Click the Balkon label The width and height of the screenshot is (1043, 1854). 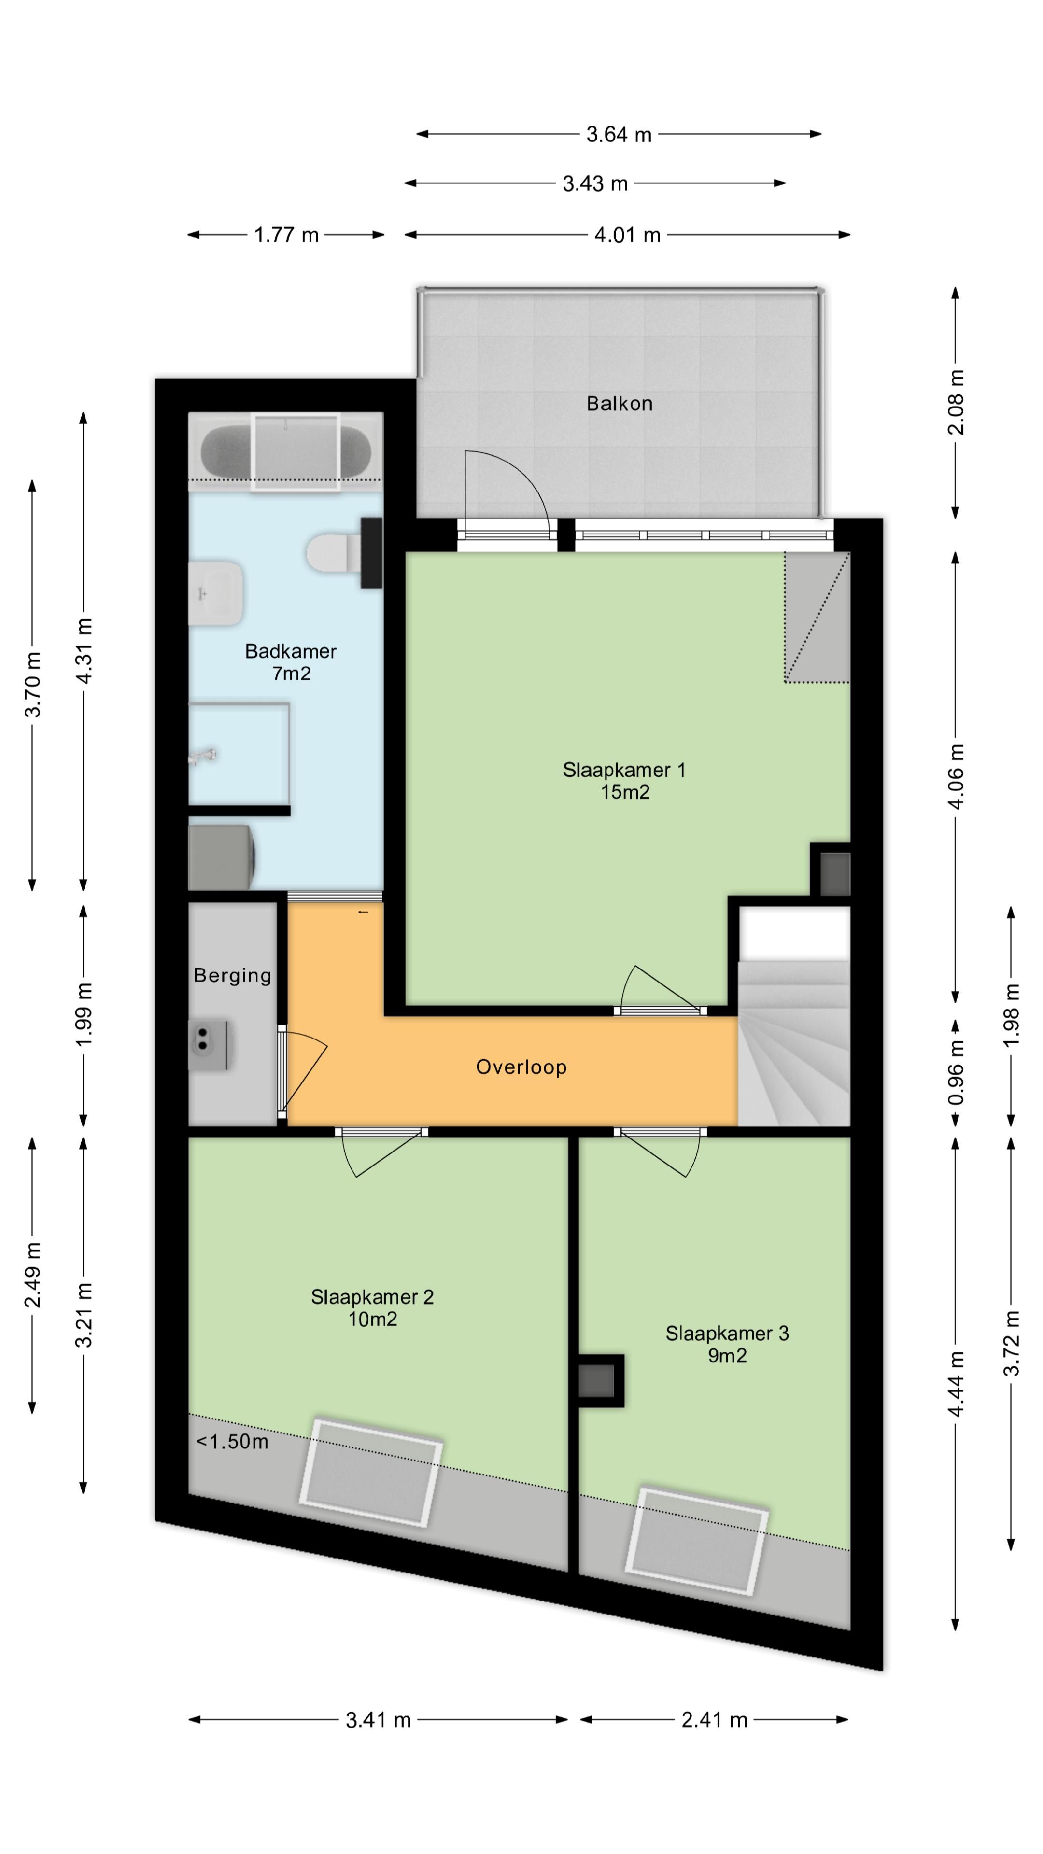[619, 403]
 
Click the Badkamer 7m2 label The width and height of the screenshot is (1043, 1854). [291, 662]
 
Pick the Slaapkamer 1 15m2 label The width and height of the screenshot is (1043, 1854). [624, 781]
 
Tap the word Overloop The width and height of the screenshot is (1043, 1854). [521, 1067]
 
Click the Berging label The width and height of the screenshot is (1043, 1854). [232, 975]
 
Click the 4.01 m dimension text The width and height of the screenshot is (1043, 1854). [627, 235]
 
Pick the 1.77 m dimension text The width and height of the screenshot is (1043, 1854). [286, 235]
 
